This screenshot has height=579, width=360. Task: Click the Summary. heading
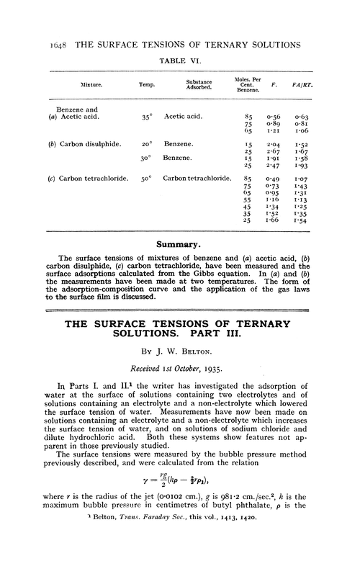point(181,245)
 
